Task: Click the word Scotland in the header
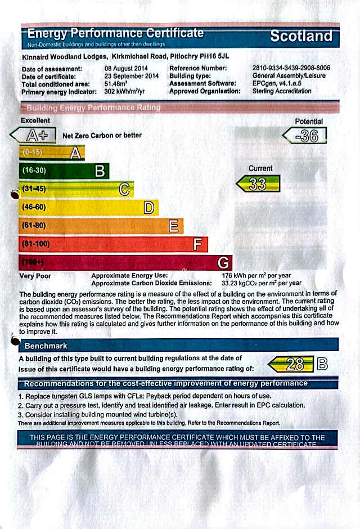tap(301, 37)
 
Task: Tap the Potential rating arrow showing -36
tap(304, 136)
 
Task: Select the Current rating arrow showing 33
tap(258, 184)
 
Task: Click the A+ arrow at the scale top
tap(34, 135)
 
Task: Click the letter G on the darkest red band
tap(223, 262)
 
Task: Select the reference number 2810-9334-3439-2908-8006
tap(291, 69)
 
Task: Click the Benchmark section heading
tap(46, 346)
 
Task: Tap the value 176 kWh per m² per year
tap(256, 275)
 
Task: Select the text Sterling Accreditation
tap(281, 91)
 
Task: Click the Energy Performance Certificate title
tap(115, 33)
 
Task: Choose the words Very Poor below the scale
tap(35, 276)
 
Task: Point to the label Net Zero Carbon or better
tap(102, 136)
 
